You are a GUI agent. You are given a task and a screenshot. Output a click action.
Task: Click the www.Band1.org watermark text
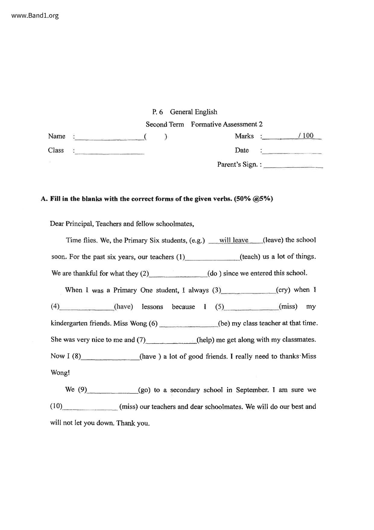35,16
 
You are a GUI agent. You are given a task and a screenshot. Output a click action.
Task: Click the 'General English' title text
193,112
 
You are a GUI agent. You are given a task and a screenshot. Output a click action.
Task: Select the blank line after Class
109,153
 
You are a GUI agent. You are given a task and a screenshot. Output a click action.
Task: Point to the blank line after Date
292,152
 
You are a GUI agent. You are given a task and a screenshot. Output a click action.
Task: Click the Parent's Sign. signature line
293,166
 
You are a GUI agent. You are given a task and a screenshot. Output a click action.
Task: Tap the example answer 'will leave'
234,240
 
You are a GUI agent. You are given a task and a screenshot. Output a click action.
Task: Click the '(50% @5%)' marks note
253,199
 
